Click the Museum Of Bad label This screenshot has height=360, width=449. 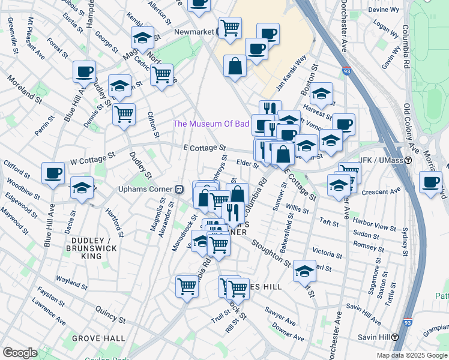point(211,124)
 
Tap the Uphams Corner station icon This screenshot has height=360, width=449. point(178,189)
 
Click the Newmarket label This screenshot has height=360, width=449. point(194,32)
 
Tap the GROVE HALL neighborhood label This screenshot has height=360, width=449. point(93,338)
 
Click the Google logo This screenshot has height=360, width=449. point(20,352)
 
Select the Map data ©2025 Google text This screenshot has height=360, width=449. point(411,355)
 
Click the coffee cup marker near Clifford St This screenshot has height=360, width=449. point(53,173)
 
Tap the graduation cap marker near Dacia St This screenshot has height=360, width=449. point(82,187)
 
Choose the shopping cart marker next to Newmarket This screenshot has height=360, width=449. point(229,27)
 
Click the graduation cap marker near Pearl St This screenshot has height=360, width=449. point(304,272)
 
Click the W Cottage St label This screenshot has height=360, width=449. point(92,158)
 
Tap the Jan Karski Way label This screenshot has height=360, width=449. point(291,69)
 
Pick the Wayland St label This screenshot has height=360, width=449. point(71,280)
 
